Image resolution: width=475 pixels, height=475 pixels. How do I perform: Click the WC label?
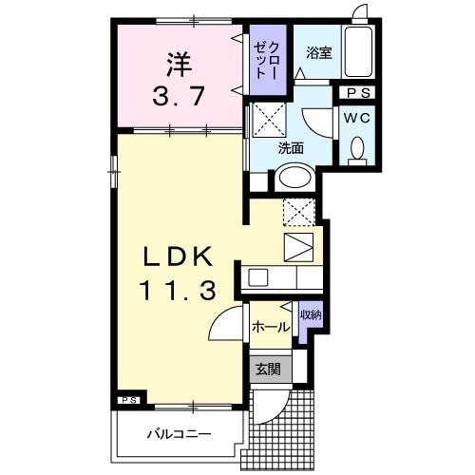[358, 118]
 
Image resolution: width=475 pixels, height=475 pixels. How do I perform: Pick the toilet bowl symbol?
[357, 149]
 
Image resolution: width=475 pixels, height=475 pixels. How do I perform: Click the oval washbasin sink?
[294, 179]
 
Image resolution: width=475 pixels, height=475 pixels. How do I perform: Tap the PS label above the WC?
[358, 93]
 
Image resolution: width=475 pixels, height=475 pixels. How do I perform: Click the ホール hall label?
[270, 327]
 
